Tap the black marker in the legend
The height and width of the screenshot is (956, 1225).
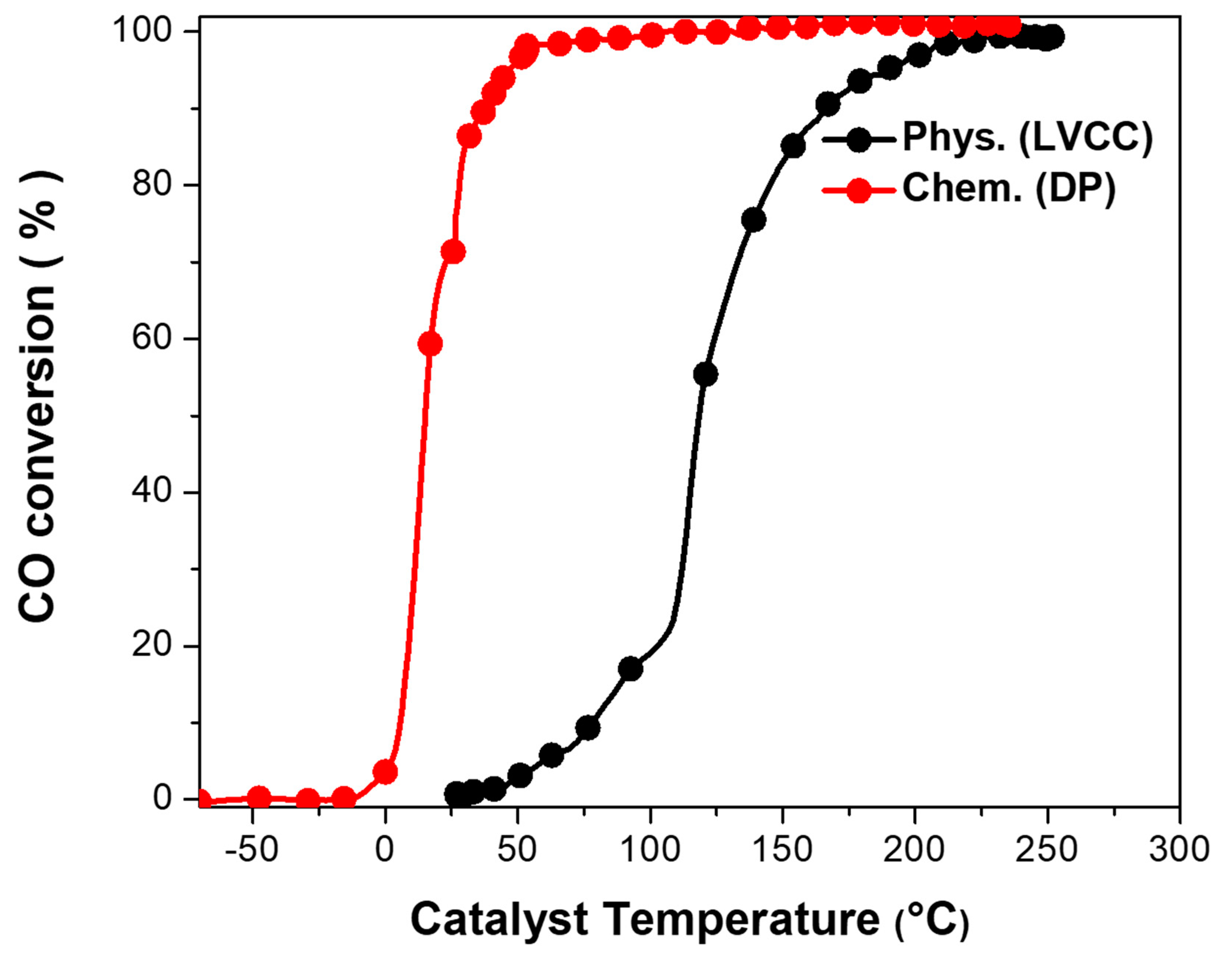click(x=858, y=139)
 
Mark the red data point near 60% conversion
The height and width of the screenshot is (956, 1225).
click(x=430, y=344)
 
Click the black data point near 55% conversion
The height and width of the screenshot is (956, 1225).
click(x=705, y=375)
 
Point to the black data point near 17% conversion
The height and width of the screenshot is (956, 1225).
click(x=630, y=668)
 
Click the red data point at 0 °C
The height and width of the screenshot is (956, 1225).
click(x=385, y=772)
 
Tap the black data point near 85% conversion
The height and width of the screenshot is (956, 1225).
click(x=793, y=146)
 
